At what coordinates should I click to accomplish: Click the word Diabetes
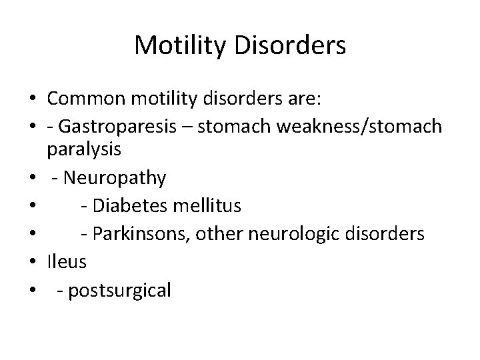131,206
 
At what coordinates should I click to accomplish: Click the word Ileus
67,262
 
